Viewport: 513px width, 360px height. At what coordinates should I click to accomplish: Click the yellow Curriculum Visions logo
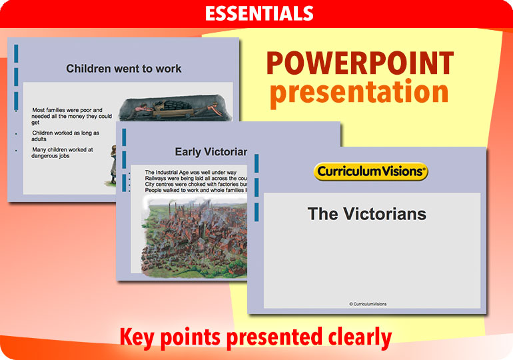coord(370,171)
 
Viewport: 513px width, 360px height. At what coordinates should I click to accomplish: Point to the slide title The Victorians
coord(366,214)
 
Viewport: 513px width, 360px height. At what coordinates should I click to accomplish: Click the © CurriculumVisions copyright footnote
coord(367,304)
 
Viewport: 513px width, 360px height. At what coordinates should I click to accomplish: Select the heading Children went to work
coord(124,69)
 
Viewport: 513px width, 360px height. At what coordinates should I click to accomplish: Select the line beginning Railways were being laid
coord(196,178)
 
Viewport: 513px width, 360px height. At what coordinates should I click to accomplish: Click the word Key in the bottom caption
coord(137,337)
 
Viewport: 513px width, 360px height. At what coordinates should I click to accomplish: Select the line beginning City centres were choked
coord(196,184)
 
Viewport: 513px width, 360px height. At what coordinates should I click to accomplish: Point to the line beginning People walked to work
coord(196,190)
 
